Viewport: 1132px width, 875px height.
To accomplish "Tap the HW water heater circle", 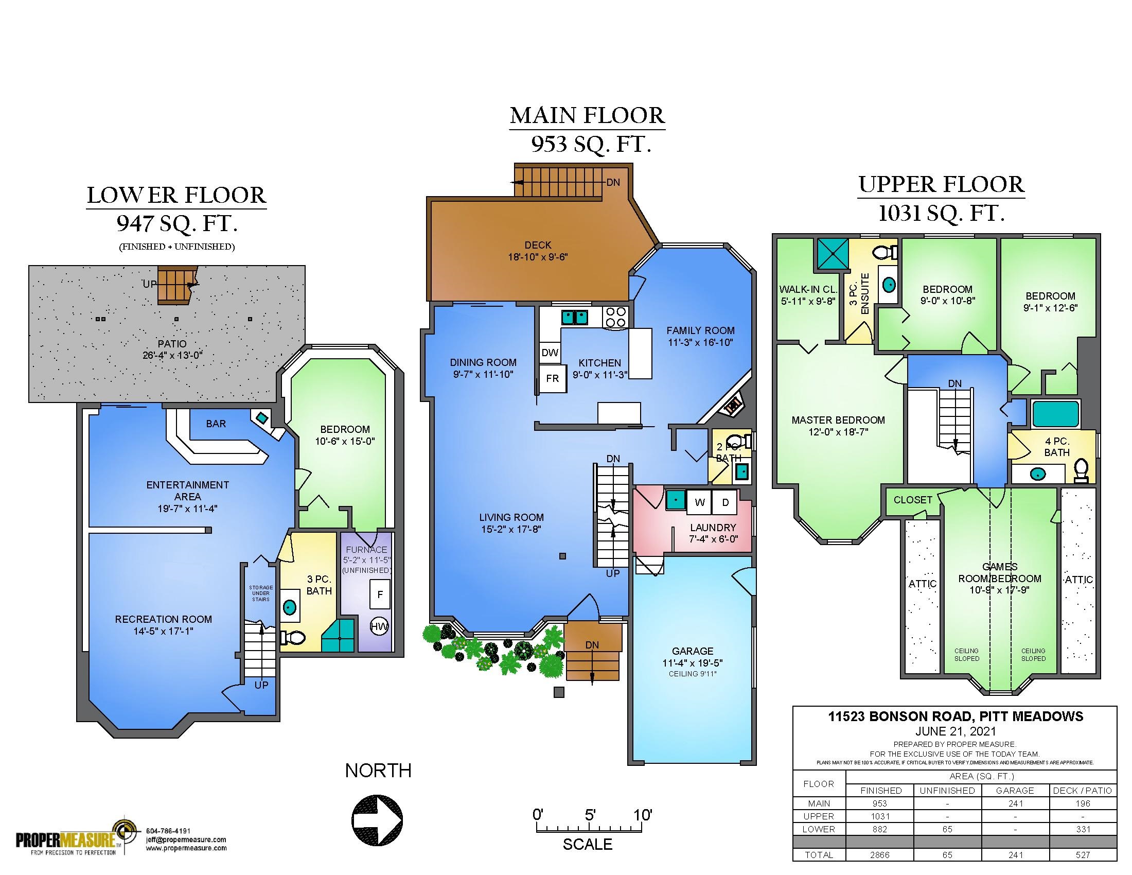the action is (x=379, y=626).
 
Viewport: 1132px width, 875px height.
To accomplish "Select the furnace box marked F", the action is (x=380, y=594).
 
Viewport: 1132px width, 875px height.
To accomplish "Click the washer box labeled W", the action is (x=700, y=502).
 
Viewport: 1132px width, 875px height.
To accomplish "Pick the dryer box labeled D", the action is (x=726, y=502).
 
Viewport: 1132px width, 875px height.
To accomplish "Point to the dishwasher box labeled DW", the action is (x=550, y=353).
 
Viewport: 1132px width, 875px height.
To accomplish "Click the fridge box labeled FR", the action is (x=552, y=378).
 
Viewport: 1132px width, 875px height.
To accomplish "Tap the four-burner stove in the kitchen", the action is (x=616, y=317).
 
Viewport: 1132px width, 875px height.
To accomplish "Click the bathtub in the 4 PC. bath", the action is (x=1055, y=414).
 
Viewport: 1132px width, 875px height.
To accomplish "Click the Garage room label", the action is (x=693, y=651).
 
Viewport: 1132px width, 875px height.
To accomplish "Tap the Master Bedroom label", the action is (x=838, y=420).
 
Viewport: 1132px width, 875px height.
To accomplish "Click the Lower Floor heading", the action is (x=176, y=196).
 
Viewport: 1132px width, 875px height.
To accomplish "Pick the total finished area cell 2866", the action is (x=880, y=855).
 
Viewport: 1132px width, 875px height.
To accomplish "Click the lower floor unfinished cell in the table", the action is (x=947, y=829).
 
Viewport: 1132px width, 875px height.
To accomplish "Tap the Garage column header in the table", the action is (x=1015, y=791).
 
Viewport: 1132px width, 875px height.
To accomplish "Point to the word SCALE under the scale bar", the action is (x=588, y=845).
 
